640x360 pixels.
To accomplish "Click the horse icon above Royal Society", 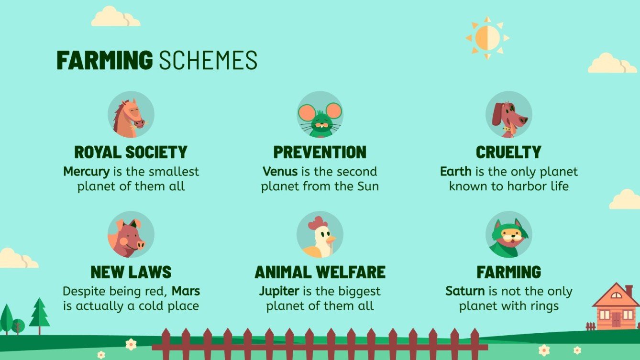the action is (131, 114).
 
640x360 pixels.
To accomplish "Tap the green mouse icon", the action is (320, 114).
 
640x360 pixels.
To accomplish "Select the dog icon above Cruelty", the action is (508, 114).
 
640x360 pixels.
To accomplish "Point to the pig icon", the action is (131, 234).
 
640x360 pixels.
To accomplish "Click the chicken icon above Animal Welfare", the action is (320, 234).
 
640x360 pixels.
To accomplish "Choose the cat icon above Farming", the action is (508, 234).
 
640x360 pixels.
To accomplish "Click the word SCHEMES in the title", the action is (208, 60).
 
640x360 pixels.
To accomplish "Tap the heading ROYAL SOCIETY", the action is (131, 152).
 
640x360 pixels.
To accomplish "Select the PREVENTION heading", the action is (320, 152).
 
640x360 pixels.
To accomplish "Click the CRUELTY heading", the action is (508, 152).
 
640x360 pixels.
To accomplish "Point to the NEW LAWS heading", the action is (131, 272).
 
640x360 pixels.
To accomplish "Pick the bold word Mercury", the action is (86, 172).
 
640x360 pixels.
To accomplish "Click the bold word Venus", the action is (280, 172).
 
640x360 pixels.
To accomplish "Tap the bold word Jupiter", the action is (279, 292).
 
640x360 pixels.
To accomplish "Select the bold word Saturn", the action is (465, 291).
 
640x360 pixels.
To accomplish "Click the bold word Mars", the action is (186, 291).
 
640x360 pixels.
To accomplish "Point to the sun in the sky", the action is (487, 38).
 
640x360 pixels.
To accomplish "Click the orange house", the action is (616, 306).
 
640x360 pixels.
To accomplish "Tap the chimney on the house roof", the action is (629, 291).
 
